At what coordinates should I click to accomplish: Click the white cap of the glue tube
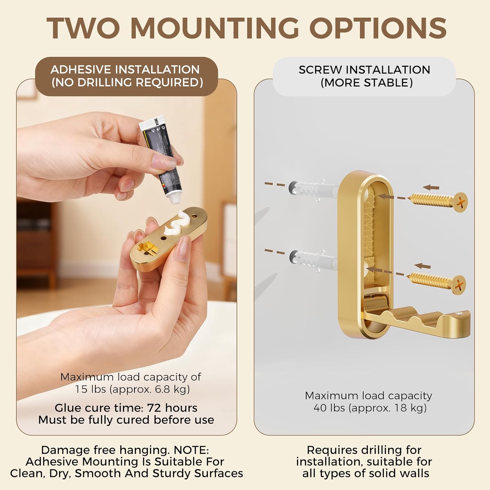tap(173, 198)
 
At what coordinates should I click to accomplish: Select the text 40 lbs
tap(329, 408)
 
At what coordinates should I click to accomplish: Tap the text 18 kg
tap(406, 408)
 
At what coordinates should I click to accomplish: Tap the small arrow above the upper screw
tap(431, 188)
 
